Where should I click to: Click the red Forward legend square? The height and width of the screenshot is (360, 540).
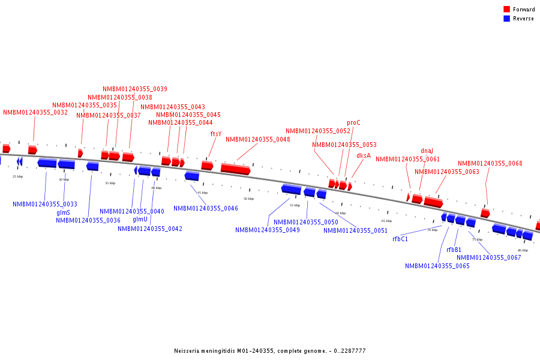[507, 9]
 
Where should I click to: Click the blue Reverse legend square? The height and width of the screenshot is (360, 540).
[507, 19]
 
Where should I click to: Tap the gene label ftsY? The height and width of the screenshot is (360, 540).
[216, 134]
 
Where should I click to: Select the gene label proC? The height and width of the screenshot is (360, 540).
[353, 122]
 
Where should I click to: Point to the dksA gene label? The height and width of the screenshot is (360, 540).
[364, 155]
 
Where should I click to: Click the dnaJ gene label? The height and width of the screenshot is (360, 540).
[427, 151]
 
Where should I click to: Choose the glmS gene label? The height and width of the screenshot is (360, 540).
[63, 212]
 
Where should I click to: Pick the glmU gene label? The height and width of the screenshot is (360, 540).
[140, 219]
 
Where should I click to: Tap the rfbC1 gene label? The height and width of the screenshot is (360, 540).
[400, 239]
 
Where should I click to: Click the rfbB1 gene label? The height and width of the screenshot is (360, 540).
[454, 250]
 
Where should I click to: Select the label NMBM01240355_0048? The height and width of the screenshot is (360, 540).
[258, 139]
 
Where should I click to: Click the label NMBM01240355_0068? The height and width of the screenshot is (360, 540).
[490, 163]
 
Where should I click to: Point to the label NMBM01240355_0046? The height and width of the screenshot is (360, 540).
[206, 208]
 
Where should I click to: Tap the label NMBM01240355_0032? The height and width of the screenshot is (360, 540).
[35, 112]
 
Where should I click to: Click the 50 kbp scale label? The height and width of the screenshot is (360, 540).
[248, 199]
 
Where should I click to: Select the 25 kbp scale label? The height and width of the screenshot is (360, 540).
[18, 176]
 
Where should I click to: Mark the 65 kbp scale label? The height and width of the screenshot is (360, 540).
[386, 221]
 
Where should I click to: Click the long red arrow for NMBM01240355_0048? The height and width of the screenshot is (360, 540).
[235, 169]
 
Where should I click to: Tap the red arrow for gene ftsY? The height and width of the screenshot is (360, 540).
[207, 165]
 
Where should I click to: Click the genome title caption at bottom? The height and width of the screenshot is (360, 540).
[269, 351]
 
